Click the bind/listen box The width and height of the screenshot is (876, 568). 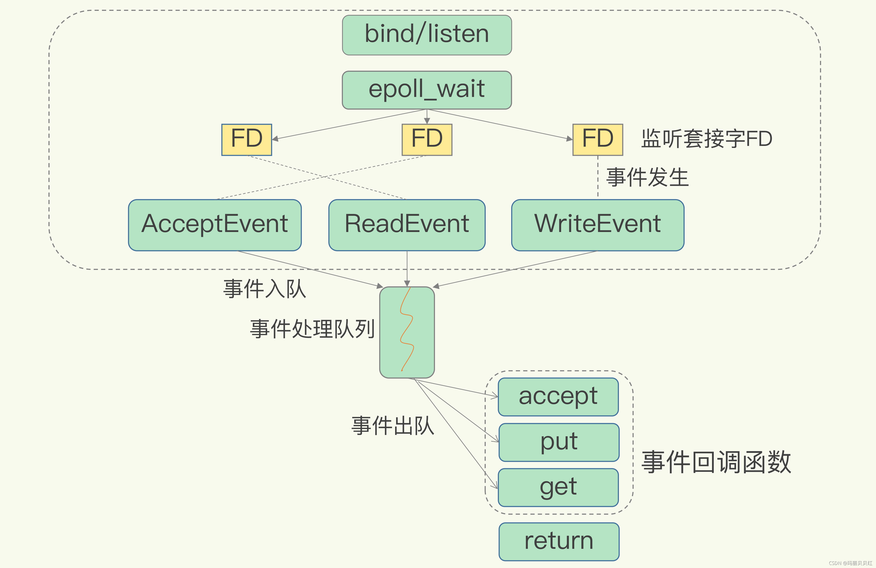coord(427,35)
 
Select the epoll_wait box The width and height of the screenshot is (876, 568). coord(427,90)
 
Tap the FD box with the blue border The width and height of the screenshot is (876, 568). coord(246,140)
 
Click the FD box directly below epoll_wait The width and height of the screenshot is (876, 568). coord(427,140)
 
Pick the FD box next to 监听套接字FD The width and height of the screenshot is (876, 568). coord(597,140)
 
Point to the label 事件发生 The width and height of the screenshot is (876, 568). coord(647,177)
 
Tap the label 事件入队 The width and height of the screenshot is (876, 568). coord(264,289)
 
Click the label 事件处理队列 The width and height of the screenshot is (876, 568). coord(312,329)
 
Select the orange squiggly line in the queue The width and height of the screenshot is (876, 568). coord(406,329)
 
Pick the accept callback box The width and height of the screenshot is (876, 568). coord(558,397)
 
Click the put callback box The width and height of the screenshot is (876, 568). coord(559,442)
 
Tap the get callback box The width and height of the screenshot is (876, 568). coord(558,487)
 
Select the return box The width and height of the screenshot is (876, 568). coord(559,541)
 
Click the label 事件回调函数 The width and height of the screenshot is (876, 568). coord(716,462)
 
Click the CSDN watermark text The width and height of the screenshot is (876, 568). coord(850,563)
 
